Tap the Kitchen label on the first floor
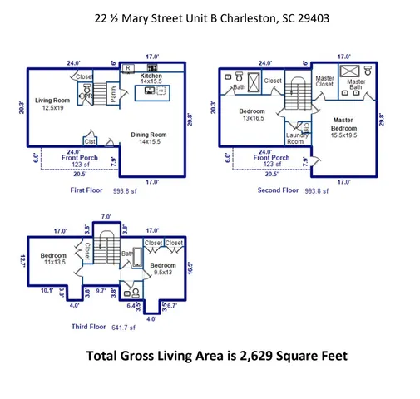click(151, 76)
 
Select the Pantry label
click(114, 93)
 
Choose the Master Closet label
click(324, 81)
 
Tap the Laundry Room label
click(297, 138)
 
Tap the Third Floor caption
click(86, 328)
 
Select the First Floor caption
click(89, 190)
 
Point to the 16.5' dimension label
click(190, 268)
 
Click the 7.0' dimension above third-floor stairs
click(106, 217)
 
